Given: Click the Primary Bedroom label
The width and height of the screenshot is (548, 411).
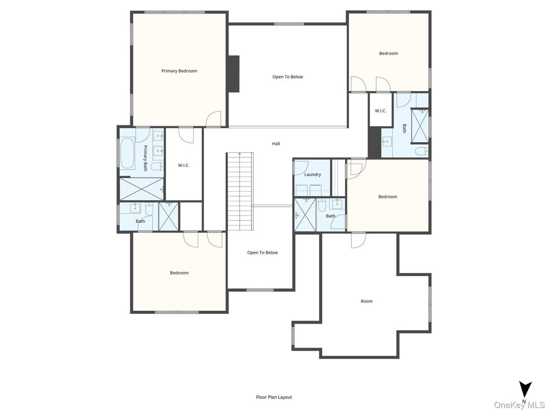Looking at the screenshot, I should click(x=179, y=71).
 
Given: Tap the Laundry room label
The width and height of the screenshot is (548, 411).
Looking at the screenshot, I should click(x=312, y=175).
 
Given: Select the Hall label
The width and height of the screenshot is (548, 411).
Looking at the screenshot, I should click(x=276, y=144).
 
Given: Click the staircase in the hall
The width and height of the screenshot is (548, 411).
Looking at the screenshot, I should click(x=240, y=191).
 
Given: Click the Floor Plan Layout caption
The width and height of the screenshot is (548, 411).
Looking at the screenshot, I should click(x=274, y=397).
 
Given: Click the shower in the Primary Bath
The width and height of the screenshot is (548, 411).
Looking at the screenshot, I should click(x=141, y=189).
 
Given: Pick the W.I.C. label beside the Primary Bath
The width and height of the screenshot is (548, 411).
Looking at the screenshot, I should click(x=184, y=165).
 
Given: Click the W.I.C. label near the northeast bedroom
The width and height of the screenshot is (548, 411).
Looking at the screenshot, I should click(x=380, y=111).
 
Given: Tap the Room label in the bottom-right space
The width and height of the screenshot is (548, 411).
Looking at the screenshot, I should click(x=367, y=301).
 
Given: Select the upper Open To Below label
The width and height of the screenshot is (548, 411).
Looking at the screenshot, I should click(x=287, y=77).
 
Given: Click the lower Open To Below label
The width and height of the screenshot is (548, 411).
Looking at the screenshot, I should click(x=262, y=253).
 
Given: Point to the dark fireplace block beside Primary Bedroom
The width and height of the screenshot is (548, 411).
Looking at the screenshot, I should click(x=233, y=74).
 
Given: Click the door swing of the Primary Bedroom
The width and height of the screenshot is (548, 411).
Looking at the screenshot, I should click(x=214, y=119).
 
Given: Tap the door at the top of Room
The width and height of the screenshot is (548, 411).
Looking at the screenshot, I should click(x=358, y=240).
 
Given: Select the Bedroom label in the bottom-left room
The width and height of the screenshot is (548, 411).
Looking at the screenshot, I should click(x=179, y=273).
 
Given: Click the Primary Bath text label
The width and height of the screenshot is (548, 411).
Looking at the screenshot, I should click(x=145, y=157).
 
